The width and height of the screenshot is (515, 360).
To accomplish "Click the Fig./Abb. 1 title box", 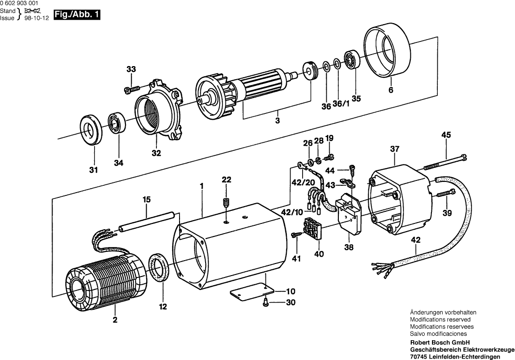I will [x=77, y=15].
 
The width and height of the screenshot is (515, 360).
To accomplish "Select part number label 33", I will [x=132, y=70].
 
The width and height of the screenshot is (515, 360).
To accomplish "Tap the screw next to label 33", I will [x=132, y=88].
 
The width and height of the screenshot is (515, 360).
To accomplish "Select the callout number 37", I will [x=395, y=150].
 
